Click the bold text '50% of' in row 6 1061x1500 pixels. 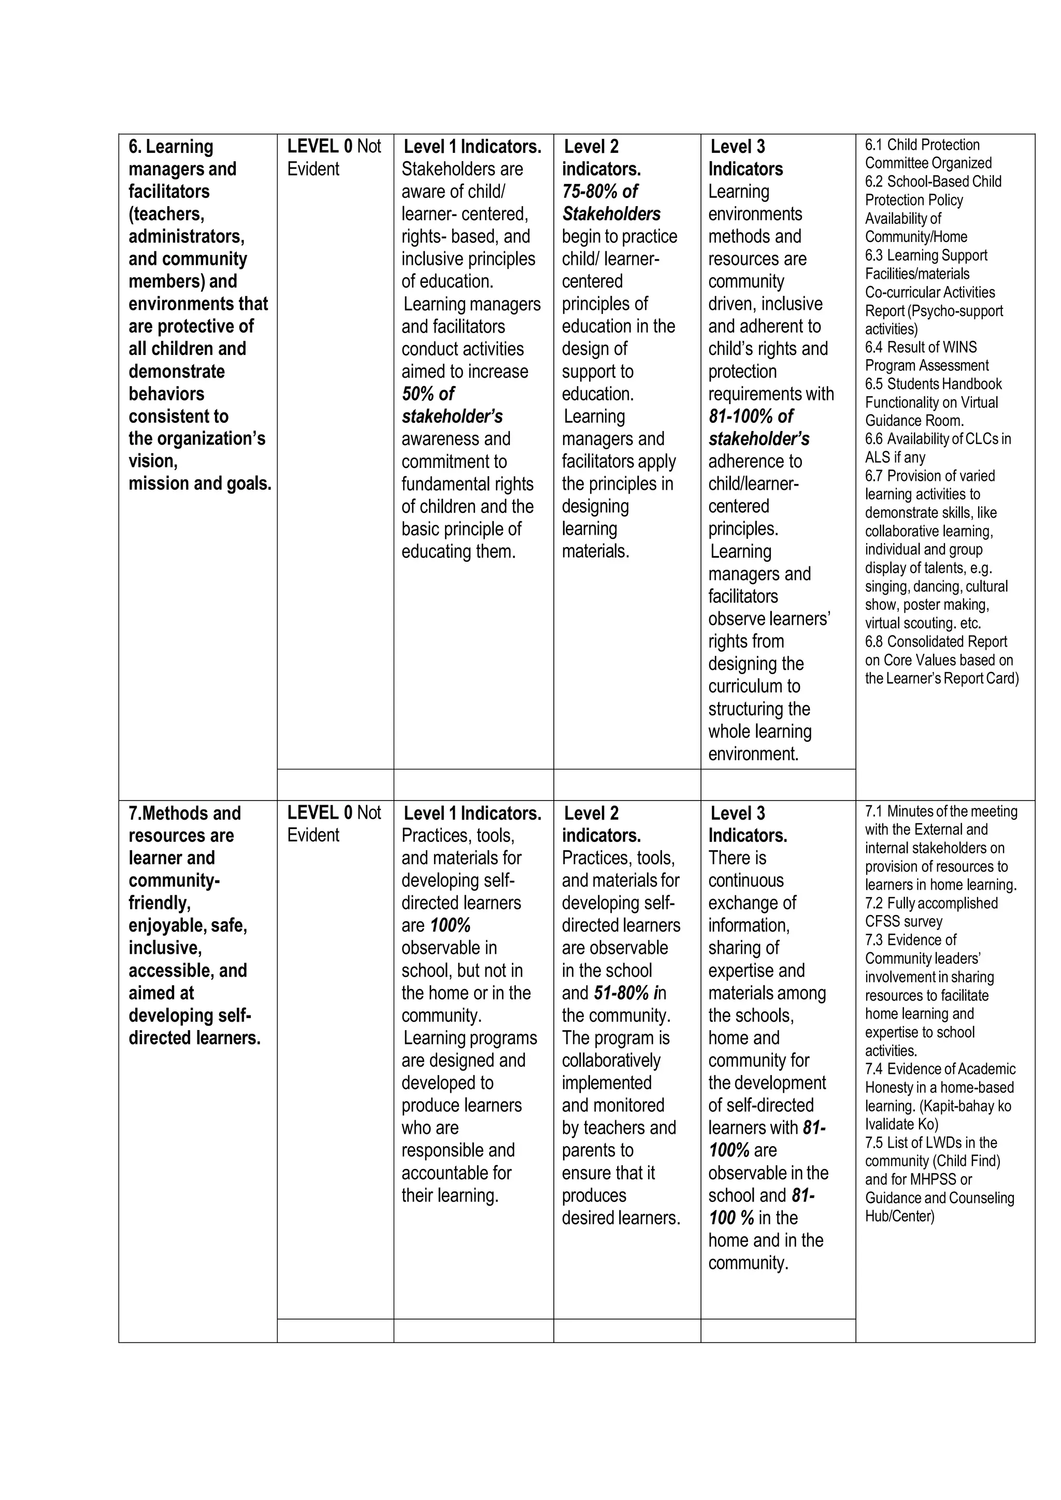[427, 394]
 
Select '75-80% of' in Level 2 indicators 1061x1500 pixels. [600, 191]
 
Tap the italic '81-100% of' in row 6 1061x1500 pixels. [751, 416]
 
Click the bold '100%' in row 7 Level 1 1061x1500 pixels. [450, 925]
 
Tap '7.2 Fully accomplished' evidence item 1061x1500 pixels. [931, 903]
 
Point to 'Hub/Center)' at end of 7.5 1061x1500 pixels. [900, 1216]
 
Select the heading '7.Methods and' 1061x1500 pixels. [185, 813]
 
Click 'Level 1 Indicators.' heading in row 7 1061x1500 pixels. [472, 813]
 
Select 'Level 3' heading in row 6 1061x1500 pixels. [738, 146]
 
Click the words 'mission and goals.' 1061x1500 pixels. [200, 484]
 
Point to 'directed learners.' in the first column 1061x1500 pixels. [194, 1038]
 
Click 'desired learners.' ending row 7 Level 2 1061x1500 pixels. [621, 1218]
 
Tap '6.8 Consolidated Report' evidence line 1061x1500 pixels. [936, 641]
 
